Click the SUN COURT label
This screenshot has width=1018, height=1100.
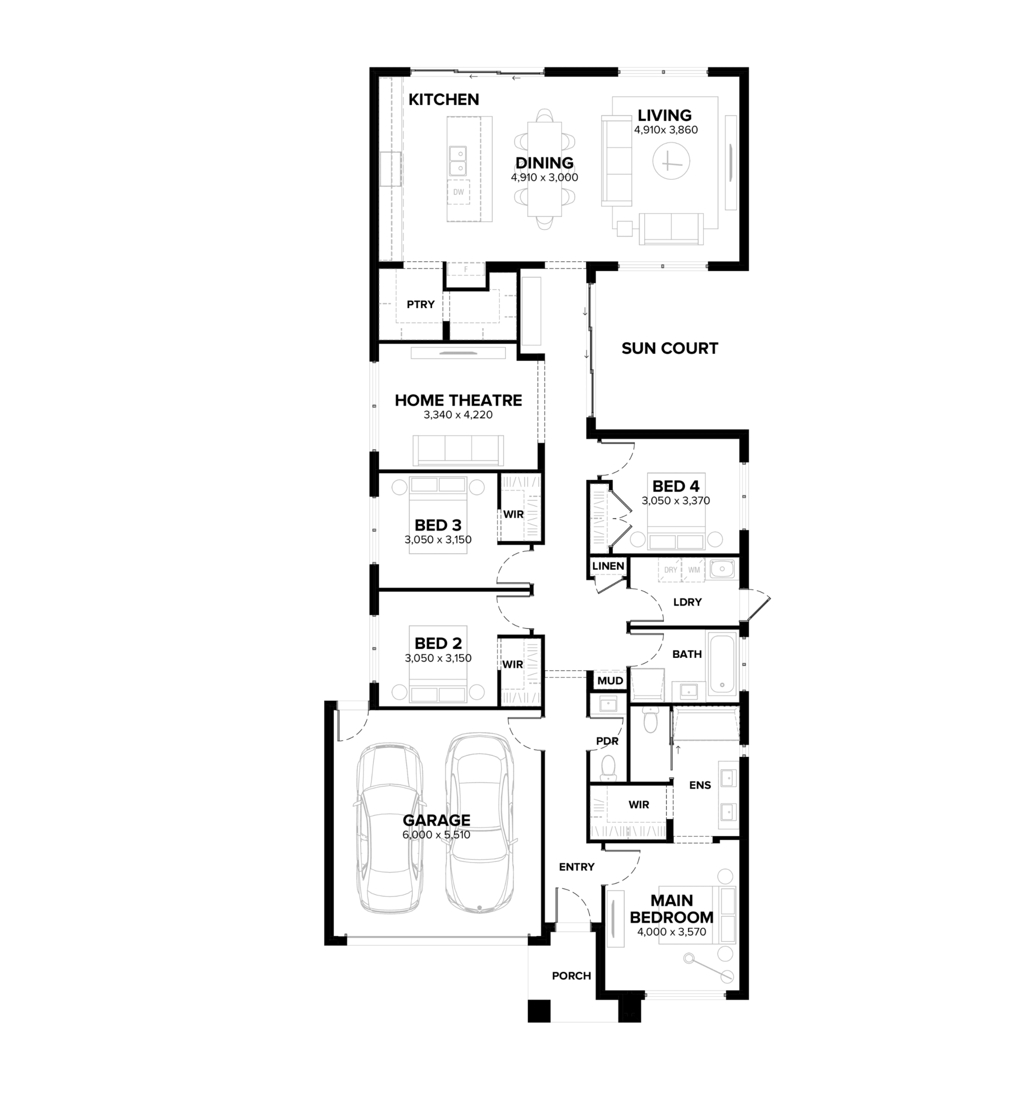coord(669,348)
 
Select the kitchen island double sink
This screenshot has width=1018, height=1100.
coord(458,160)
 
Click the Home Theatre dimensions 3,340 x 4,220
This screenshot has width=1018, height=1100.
coord(458,415)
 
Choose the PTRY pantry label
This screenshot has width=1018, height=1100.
coord(421,304)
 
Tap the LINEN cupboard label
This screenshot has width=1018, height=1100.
coord(608,566)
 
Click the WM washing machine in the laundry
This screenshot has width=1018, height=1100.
coord(694,570)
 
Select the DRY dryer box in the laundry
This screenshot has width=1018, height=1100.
coord(671,570)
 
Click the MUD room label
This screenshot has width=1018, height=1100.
coord(610,681)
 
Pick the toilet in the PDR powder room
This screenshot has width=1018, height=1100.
coord(608,767)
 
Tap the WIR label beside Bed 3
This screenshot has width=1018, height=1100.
coord(513,514)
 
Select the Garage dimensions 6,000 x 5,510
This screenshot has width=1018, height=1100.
coord(436,835)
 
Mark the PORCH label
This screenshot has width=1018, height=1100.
coord(571,976)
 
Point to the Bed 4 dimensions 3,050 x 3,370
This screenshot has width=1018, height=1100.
coord(675,501)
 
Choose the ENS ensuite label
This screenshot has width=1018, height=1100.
coord(700,785)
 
